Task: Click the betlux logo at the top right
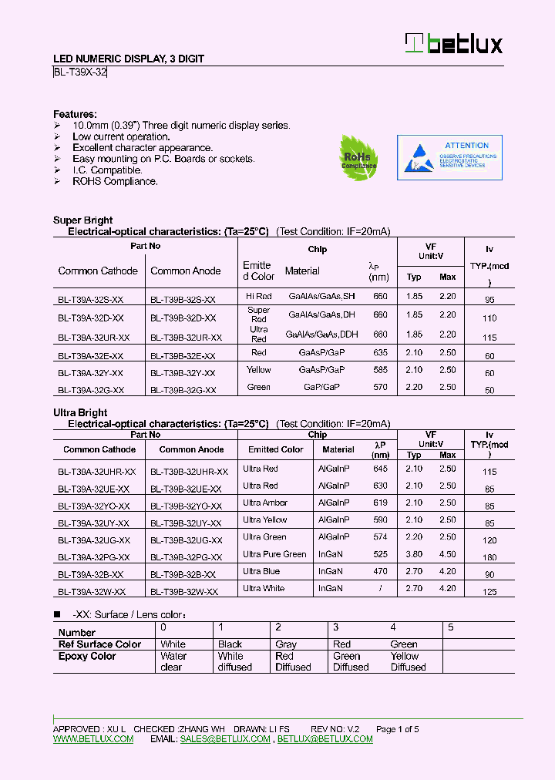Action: pos(454,44)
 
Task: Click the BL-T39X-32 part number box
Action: pos(80,72)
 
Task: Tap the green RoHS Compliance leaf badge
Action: pos(358,158)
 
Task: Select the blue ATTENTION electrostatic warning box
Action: pos(449,157)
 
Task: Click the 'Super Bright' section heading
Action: pos(82,220)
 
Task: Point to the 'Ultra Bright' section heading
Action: pos(80,413)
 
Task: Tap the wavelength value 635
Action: pos(380,352)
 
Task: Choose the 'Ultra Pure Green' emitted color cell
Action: pos(274,554)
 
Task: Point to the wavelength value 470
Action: pos(380,571)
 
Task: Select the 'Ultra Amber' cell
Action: pos(264,503)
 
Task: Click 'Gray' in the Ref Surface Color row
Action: pos(286,644)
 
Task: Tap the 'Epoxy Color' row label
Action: pos(87,657)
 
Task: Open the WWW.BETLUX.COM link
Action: pos(93,739)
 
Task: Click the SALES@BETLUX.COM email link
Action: pos(225,739)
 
